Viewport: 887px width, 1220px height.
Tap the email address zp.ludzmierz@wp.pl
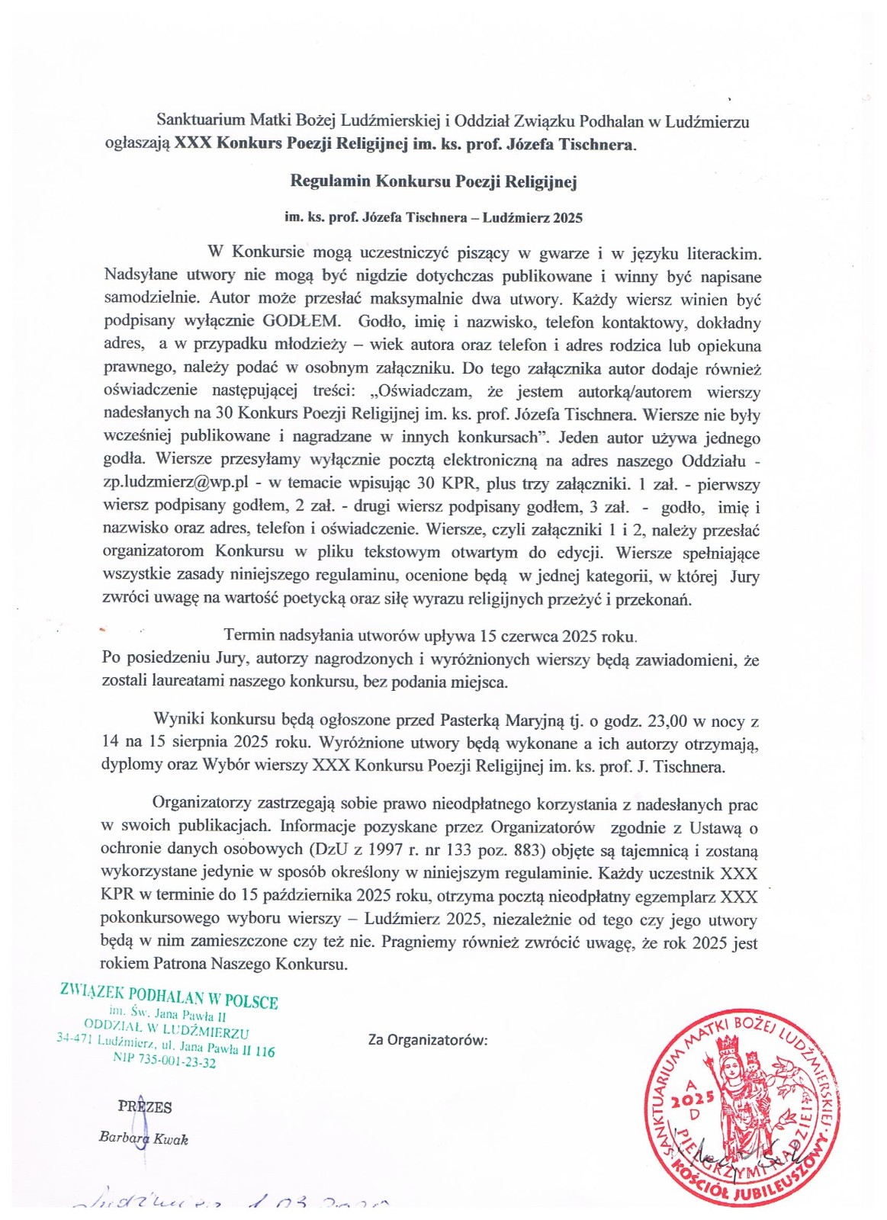pos(176,484)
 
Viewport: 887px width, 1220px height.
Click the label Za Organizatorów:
pos(428,1040)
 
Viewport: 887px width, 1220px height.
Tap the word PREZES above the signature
pos(145,1107)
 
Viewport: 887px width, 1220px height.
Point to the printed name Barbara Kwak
pos(143,1138)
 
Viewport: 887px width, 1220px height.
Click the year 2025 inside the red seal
pos(693,1100)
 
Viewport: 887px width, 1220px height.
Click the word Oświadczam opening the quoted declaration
pos(421,392)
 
